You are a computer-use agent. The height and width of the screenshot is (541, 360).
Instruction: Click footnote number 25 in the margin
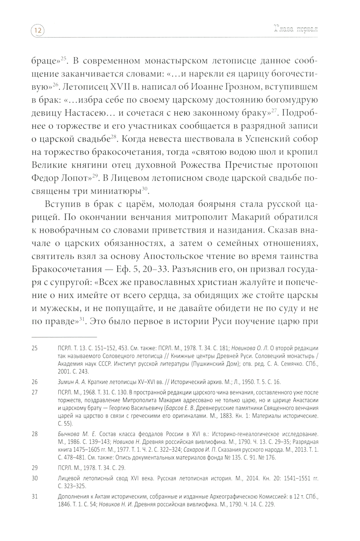tap(35, 348)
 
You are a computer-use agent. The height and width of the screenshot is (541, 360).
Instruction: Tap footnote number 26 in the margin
tap(35, 382)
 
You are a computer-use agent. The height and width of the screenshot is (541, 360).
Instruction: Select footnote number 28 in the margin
tap(35, 434)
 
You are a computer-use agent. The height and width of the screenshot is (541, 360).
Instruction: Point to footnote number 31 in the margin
tap(35, 497)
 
